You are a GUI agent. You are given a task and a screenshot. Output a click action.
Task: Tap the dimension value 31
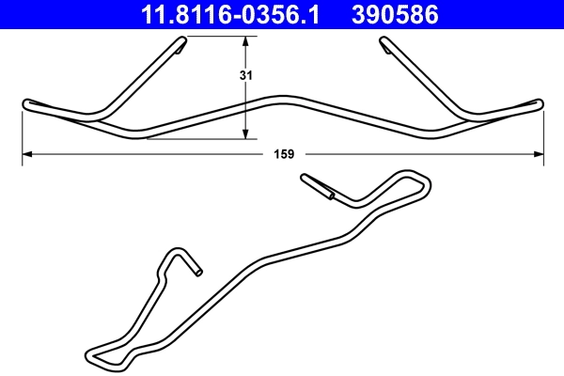(245, 74)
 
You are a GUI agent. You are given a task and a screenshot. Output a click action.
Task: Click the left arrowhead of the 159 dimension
(27, 153)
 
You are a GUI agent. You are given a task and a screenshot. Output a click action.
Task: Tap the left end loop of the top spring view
(26, 103)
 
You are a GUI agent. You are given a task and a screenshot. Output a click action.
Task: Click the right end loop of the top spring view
(540, 103)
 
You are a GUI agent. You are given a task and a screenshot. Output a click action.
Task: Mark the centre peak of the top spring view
(283, 98)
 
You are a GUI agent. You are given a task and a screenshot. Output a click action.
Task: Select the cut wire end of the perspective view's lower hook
(197, 273)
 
